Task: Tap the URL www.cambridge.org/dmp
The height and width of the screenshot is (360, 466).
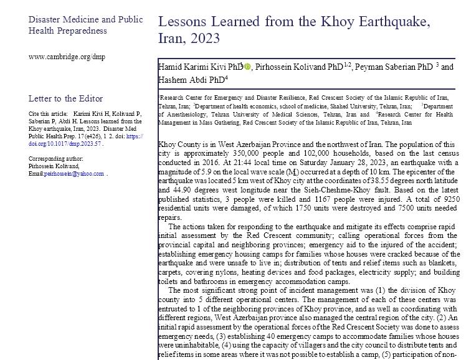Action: click(x=67, y=57)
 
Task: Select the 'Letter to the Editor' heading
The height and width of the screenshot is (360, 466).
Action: click(x=65, y=98)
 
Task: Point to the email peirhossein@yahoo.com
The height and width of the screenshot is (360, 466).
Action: click(x=74, y=174)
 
